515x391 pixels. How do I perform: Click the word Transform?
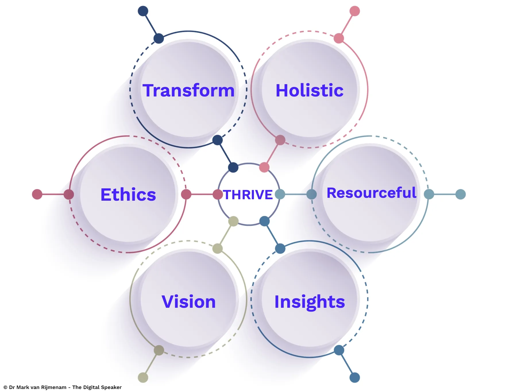pos(188,90)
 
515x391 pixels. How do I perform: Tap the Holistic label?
pos(309,90)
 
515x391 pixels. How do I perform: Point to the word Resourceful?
pos(371,193)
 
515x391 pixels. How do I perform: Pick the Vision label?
pos(188,302)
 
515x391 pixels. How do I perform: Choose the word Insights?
pos(309,302)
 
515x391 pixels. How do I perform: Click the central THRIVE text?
pos(248,195)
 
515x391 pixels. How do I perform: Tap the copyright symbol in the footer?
pos(5,387)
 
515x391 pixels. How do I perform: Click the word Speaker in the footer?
pos(111,387)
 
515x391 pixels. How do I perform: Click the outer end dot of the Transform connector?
pos(143,11)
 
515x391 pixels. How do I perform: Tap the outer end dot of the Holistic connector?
pos(355,11)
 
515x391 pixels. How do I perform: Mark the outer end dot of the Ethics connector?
pos(37,194)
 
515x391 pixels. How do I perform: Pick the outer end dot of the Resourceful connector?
pos(460,194)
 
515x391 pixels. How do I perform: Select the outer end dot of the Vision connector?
pos(143,378)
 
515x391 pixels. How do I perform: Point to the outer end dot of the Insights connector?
pos(355,378)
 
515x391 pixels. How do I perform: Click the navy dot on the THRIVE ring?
pos(233,167)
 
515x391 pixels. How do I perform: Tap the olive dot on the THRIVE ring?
pos(233,221)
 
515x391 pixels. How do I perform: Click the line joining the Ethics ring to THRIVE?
pos(202,194)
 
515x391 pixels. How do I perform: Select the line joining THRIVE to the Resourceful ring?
pos(296,194)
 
